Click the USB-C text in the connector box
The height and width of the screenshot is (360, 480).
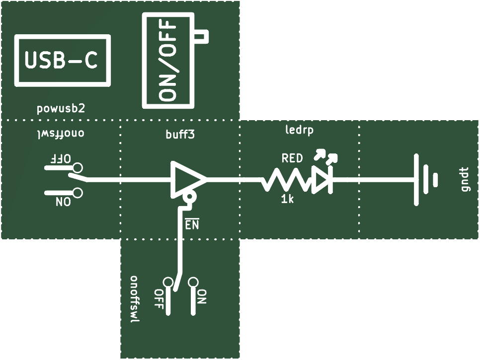[61, 60]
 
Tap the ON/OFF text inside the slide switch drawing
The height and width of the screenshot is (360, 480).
[168, 61]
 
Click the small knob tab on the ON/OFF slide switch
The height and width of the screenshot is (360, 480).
[201, 37]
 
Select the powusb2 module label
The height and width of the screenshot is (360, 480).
[61, 109]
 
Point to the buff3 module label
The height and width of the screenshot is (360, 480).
[180, 134]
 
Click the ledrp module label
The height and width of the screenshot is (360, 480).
[299, 130]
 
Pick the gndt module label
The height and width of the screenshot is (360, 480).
[466, 179]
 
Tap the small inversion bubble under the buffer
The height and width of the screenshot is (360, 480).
[189, 198]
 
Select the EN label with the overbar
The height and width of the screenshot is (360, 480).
[192, 224]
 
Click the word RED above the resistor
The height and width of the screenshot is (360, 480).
[292, 158]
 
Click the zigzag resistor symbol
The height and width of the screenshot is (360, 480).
[285, 180]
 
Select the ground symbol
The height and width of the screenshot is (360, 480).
[426, 179]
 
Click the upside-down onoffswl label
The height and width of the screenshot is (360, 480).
[61, 134]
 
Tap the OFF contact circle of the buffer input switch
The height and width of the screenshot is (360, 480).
[78, 168]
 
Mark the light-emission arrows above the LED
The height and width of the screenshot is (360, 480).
[326, 156]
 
